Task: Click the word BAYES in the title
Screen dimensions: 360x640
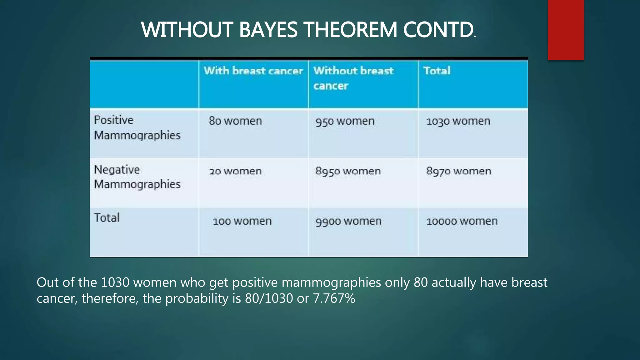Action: coord(268,30)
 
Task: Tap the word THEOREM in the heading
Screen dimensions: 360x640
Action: coord(350,30)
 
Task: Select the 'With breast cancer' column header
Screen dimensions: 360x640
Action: coord(253,71)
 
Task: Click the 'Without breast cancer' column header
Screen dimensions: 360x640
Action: coord(353,78)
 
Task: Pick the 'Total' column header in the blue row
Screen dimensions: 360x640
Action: coord(437,71)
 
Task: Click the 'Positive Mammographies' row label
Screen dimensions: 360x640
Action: coord(137,127)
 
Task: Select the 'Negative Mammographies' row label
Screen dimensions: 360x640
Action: coord(137,177)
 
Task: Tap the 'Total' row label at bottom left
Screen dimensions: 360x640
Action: coord(107,218)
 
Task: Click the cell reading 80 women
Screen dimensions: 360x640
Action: coord(235,121)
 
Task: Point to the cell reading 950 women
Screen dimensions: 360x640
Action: coord(345,121)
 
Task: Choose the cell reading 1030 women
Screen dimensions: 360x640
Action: coord(458,121)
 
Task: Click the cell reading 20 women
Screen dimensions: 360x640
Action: coord(235,171)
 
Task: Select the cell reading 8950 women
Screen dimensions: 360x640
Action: coord(348,171)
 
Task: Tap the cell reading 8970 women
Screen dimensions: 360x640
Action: coord(459,171)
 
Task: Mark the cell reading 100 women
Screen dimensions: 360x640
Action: coord(242,221)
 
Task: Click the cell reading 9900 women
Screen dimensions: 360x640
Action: coord(348,221)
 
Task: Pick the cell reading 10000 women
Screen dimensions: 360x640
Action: coord(462,221)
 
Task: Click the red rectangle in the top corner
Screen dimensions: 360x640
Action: coord(566,30)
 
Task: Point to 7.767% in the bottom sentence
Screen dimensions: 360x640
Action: coord(334,298)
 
